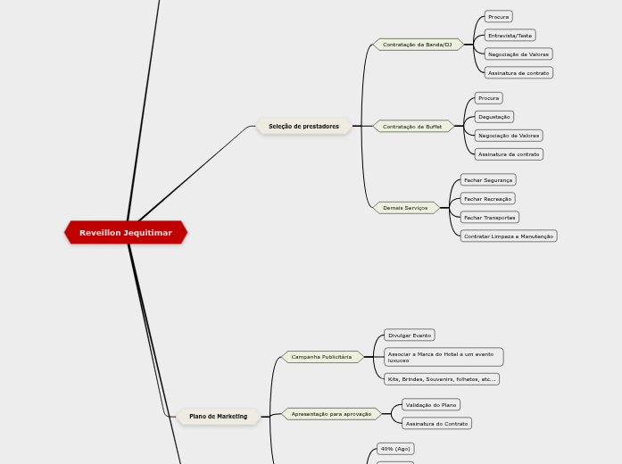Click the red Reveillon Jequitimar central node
pyautogui.click(x=126, y=233)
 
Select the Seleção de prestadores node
pyautogui.click(x=303, y=127)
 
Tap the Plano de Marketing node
pyautogui.click(x=218, y=417)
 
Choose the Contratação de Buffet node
pyautogui.click(x=412, y=127)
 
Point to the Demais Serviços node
pyautogui.click(x=405, y=208)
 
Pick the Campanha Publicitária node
pyautogui.click(x=321, y=357)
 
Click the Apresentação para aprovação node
pyautogui.click(x=331, y=414)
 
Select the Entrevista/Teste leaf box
pyautogui.click(x=510, y=36)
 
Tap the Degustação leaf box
pyautogui.click(x=493, y=117)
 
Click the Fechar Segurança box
pyautogui.click(x=488, y=180)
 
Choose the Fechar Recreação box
pyautogui.click(x=487, y=199)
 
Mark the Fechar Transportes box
pyautogui.click(x=489, y=218)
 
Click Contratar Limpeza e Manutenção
pyautogui.click(x=509, y=236)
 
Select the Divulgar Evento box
pyautogui.click(x=410, y=336)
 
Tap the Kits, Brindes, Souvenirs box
pyautogui.click(x=441, y=379)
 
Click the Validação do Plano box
pyautogui.click(x=431, y=405)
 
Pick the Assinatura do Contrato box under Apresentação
pyautogui.click(x=436, y=424)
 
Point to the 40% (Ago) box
pyautogui.click(x=395, y=449)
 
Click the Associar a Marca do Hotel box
pyautogui.click(x=443, y=357)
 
